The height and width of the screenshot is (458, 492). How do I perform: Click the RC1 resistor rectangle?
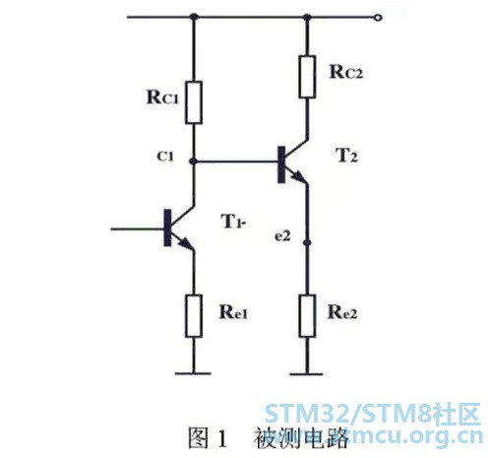click(194, 102)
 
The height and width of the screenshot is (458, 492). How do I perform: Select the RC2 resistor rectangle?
click(307, 77)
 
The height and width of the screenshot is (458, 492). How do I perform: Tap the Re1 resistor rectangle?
click(194, 316)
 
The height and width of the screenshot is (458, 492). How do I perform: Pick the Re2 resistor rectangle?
click(307, 316)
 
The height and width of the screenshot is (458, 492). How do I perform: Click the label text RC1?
click(162, 98)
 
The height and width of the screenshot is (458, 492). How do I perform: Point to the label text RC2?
click(346, 72)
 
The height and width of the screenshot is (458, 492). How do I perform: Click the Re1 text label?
click(233, 312)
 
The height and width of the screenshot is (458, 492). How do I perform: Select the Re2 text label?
click(342, 312)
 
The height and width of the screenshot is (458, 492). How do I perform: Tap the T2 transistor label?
click(347, 156)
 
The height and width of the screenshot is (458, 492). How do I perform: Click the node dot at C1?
click(194, 162)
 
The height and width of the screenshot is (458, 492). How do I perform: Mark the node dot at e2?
click(307, 242)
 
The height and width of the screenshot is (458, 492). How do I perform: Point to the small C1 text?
click(165, 157)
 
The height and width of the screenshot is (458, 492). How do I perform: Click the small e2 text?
click(282, 236)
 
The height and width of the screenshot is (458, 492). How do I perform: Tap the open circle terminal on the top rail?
click(378, 18)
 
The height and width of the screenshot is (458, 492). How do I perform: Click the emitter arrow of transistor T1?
click(185, 243)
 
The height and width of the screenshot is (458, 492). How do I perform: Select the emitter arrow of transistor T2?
click(298, 177)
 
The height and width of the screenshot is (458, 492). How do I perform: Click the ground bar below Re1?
click(193, 373)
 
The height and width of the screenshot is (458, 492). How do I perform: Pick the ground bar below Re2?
click(307, 373)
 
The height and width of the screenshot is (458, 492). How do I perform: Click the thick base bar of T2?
click(281, 164)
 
